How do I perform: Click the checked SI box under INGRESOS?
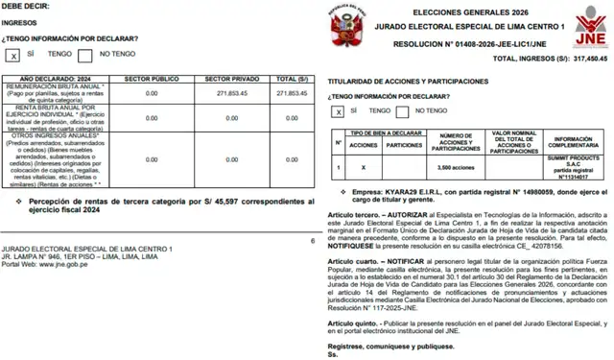pyautogui.click(x=13, y=56)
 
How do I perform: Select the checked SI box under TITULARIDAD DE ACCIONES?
pyautogui.click(x=338, y=111)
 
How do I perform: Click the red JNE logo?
pyautogui.click(x=586, y=26)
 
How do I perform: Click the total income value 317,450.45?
pyautogui.click(x=583, y=59)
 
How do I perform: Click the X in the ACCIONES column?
pyautogui.click(x=363, y=167)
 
